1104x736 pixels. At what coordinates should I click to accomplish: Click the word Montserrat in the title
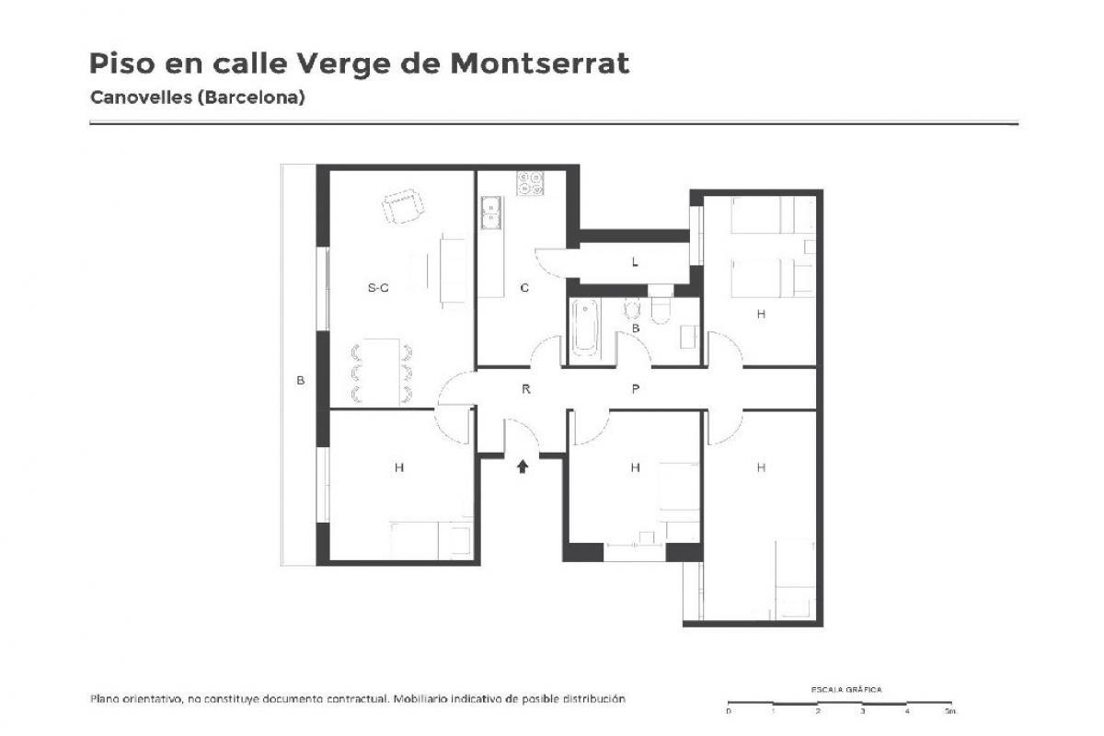tap(540, 63)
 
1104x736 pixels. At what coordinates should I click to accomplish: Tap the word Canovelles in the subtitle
tap(141, 98)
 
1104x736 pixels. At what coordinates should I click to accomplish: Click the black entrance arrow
tap(523, 466)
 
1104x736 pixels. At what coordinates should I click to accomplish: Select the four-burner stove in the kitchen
tap(530, 183)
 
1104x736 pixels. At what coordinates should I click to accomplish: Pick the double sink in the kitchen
tap(491, 213)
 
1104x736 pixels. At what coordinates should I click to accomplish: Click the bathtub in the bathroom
tap(585, 328)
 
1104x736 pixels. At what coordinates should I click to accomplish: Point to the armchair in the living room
tap(403, 206)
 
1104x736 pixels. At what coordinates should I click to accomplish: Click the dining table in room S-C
tap(382, 371)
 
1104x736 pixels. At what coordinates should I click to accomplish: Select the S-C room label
tap(378, 287)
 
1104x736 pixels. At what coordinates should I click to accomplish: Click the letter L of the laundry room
tap(635, 262)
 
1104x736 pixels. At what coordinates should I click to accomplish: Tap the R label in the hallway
tap(526, 389)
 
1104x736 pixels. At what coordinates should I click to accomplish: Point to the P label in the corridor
tap(636, 389)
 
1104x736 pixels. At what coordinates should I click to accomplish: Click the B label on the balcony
tap(300, 380)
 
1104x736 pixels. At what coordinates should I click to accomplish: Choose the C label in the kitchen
tap(524, 287)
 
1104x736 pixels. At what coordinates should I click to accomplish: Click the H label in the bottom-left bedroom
tap(399, 466)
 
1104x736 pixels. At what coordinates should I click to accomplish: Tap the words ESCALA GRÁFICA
tap(846, 690)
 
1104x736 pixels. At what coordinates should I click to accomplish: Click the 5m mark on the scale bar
tap(950, 711)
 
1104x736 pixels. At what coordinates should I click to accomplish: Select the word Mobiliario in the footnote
tap(420, 698)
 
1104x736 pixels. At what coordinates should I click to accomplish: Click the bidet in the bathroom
tap(632, 309)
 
